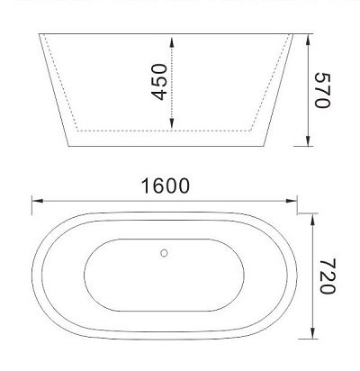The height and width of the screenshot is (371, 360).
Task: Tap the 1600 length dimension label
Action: [165, 188]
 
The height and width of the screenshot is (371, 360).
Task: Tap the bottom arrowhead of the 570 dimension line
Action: [310, 141]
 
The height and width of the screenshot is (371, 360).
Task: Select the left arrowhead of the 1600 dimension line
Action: [34, 199]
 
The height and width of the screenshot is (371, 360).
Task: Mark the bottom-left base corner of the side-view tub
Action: [66, 144]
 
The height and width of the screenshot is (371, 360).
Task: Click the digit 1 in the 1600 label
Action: [145, 188]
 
